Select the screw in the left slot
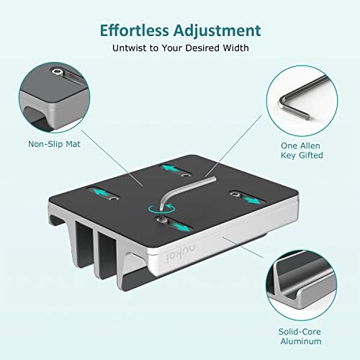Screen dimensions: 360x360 [114, 197]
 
